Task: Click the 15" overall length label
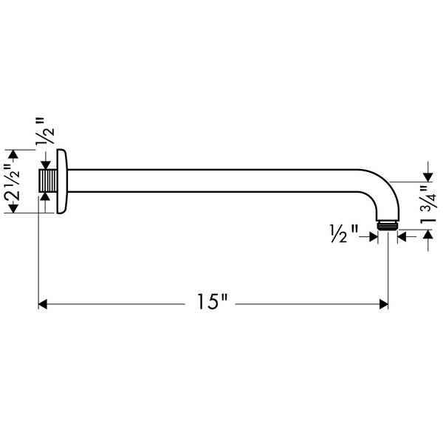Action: coord(212,302)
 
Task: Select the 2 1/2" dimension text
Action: coord(13,182)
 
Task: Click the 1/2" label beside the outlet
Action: coord(343,235)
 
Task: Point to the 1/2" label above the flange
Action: coord(47,130)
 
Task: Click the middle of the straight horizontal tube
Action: coord(221,182)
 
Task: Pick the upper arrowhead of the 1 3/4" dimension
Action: coord(426,176)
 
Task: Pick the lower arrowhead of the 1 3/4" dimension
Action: coord(426,235)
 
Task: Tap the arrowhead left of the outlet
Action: coord(373,236)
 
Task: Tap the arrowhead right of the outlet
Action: coord(402,236)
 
